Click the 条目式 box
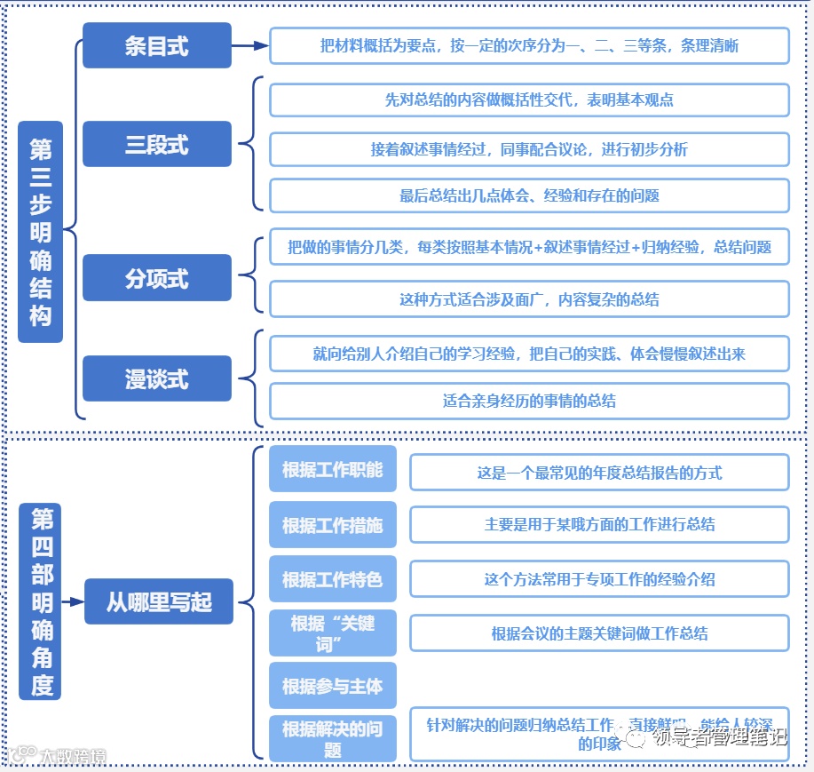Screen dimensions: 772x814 point(156,45)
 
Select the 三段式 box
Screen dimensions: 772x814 point(156,144)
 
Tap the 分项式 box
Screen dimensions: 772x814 point(156,277)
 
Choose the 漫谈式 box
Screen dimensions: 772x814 point(156,378)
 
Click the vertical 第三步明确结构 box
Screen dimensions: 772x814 point(41,232)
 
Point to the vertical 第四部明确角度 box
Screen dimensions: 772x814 point(41,601)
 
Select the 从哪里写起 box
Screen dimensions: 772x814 point(159,601)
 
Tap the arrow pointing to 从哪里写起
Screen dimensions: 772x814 point(73,601)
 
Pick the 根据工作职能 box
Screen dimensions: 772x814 point(332,469)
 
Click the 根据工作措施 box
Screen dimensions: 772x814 point(332,524)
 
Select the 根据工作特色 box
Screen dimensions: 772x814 point(332,579)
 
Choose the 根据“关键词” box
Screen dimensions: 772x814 point(332,633)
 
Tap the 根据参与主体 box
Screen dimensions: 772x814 point(332,686)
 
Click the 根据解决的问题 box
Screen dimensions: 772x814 point(332,738)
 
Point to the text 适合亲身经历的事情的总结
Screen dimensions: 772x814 point(529,401)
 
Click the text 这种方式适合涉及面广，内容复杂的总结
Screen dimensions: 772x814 point(529,299)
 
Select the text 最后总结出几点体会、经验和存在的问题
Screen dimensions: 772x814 point(529,195)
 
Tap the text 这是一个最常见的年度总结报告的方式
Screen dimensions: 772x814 point(599,473)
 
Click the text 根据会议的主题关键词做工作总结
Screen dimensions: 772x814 point(599,633)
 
